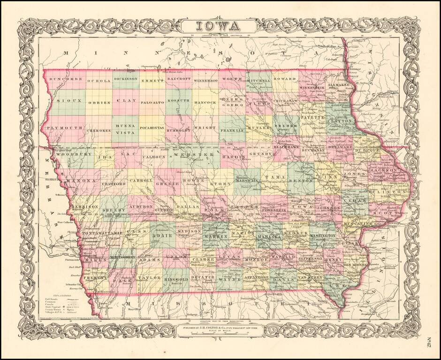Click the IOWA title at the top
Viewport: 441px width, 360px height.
coord(220,25)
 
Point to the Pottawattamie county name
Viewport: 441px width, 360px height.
coord(102,232)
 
